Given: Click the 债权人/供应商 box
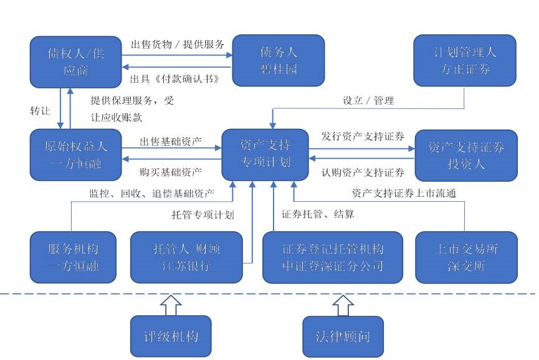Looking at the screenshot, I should tap(75, 61).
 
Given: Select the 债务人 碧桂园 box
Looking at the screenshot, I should tap(279, 60).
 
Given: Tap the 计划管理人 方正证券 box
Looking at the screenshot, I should tap(465, 60).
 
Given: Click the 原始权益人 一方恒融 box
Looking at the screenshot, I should tap(75, 155).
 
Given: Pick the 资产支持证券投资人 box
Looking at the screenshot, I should tap(466, 155).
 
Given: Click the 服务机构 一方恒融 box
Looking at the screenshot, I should tap(74, 257).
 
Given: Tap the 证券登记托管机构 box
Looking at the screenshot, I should tap(332, 257).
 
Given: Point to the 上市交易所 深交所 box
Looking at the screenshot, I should tap(466, 257).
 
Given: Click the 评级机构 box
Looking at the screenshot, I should tap(171, 336).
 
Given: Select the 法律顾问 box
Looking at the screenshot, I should tap(343, 336).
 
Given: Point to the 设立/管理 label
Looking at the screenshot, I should tap(369, 100).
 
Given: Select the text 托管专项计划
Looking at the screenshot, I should tap(203, 215).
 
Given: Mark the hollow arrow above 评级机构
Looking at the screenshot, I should tap(171, 305).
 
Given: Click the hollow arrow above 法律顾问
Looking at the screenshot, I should tap(342, 305).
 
